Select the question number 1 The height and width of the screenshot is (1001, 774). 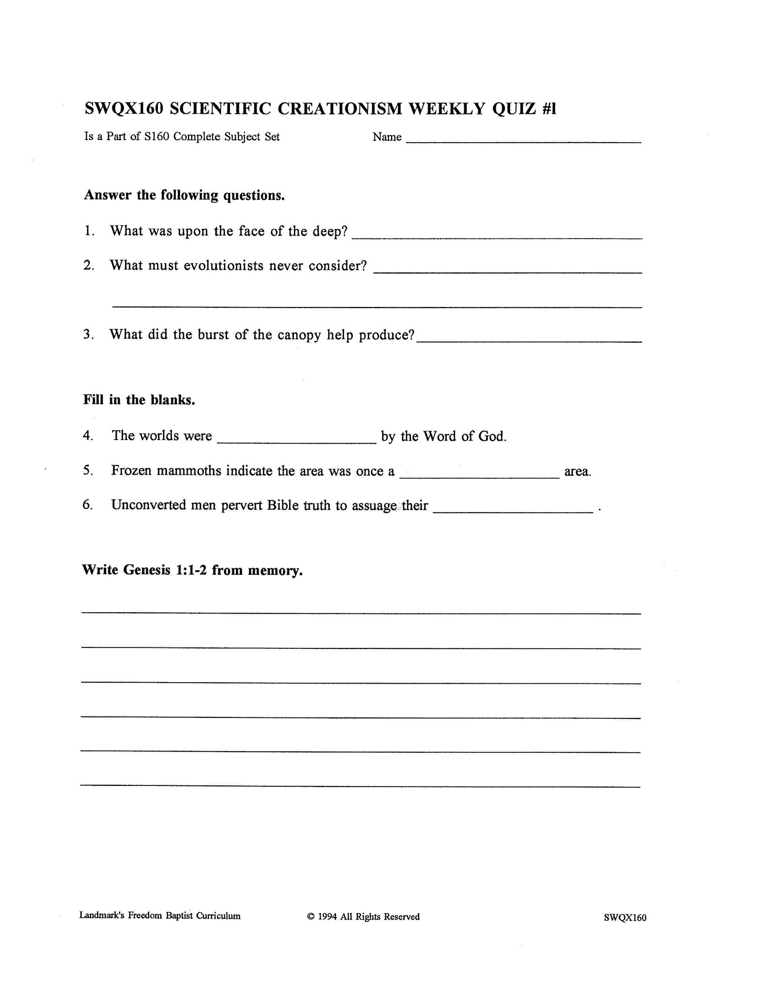click(x=89, y=231)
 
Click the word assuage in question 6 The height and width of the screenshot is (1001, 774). click(x=374, y=505)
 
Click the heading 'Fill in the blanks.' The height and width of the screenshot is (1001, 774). click(x=139, y=400)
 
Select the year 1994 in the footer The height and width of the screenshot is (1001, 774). click(x=327, y=916)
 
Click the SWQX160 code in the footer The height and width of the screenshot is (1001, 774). click(x=624, y=917)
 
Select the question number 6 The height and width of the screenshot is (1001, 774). click(x=88, y=504)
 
